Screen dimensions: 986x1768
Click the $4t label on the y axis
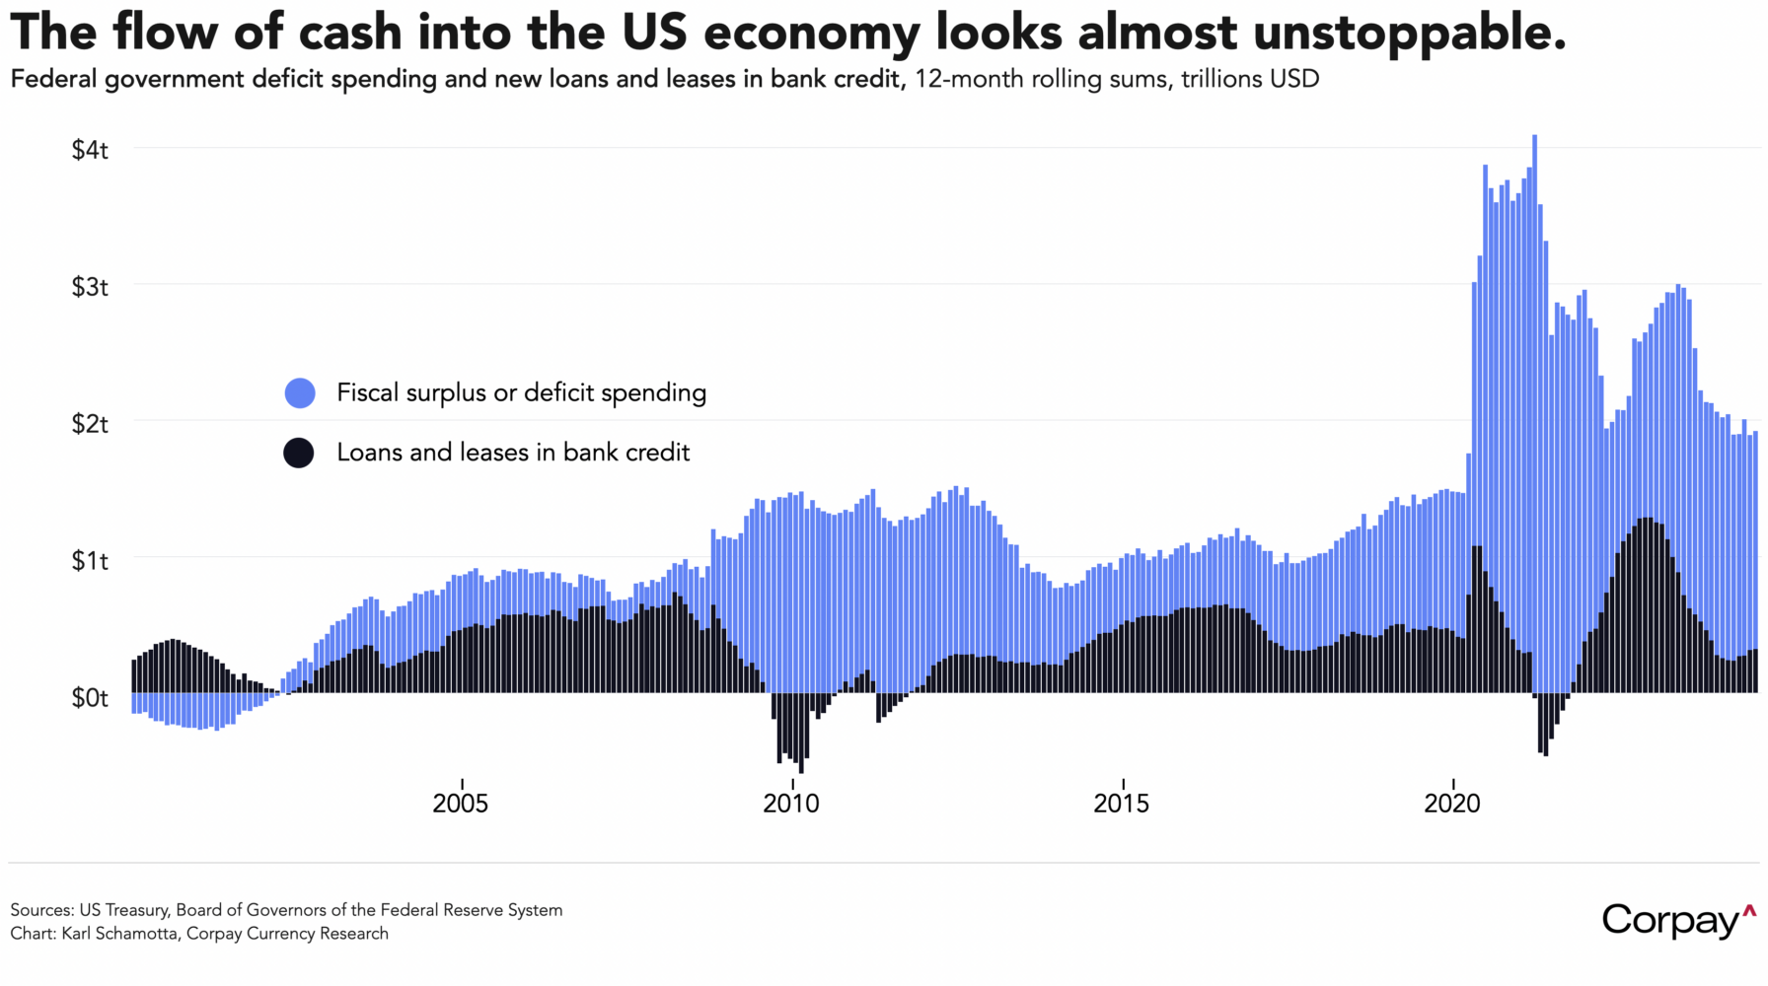point(89,150)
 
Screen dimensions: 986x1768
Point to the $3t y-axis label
point(89,287)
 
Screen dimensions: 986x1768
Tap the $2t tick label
point(89,424)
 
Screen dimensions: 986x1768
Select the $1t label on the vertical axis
point(89,561)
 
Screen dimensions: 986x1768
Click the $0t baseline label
point(89,698)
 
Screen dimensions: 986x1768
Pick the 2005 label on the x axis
point(460,804)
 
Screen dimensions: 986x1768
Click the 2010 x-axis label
point(790,804)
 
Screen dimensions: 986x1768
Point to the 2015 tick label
point(1121,804)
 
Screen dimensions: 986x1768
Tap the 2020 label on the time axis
point(1451,804)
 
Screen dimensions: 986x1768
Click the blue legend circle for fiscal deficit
point(300,393)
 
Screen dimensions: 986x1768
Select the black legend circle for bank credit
point(299,453)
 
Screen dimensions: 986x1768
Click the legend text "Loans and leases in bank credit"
point(513,453)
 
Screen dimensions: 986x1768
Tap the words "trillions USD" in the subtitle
point(1250,79)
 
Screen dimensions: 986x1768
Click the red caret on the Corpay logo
point(1749,910)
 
